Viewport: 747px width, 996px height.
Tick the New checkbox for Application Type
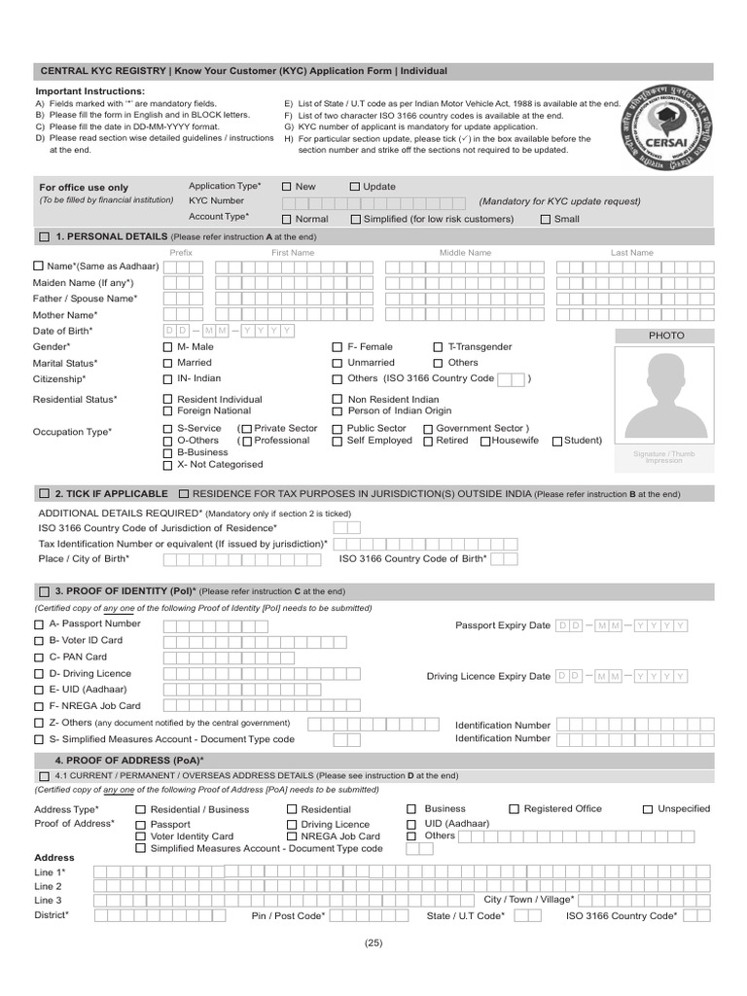pyautogui.click(x=287, y=187)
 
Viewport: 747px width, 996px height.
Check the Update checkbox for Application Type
pyautogui.click(x=355, y=187)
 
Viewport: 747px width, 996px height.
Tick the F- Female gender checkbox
pyautogui.click(x=338, y=347)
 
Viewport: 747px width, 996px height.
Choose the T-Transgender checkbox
pyautogui.click(x=438, y=347)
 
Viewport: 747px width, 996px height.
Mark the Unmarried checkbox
pyautogui.click(x=338, y=363)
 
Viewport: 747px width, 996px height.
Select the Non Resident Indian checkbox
pyautogui.click(x=338, y=400)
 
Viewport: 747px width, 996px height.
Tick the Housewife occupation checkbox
pyautogui.click(x=484, y=442)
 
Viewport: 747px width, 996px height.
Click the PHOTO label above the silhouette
pyautogui.click(x=666, y=336)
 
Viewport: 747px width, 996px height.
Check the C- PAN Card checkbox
pyautogui.click(x=39, y=658)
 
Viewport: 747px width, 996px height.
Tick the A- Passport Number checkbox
pyautogui.click(x=39, y=624)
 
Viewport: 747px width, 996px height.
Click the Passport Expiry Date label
pyautogui.click(x=502, y=625)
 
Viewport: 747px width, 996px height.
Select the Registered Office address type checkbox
pyautogui.click(x=514, y=809)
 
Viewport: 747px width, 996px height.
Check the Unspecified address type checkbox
pyautogui.click(x=648, y=809)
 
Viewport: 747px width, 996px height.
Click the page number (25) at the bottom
pyautogui.click(x=373, y=943)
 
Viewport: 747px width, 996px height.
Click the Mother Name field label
pyautogui.click(x=65, y=315)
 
